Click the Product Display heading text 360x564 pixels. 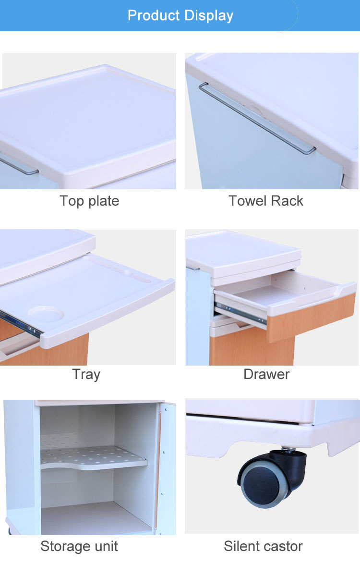(x=180, y=15)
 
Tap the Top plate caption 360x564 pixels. (x=89, y=201)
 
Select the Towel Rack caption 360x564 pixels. (x=266, y=201)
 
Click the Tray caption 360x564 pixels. (x=86, y=374)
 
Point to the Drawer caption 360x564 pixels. (x=266, y=374)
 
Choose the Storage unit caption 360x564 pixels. (x=79, y=546)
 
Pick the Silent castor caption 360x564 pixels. (x=264, y=546)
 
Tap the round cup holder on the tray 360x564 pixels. (x=46, y=313)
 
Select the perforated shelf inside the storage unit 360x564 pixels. (x=94, y=458)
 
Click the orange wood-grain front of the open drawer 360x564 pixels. (x=311, y=317)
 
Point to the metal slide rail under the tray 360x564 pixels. (x=20, y=324)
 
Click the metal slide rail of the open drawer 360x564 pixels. (x=240, y=313)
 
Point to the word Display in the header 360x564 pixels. (x=209, y=15)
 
